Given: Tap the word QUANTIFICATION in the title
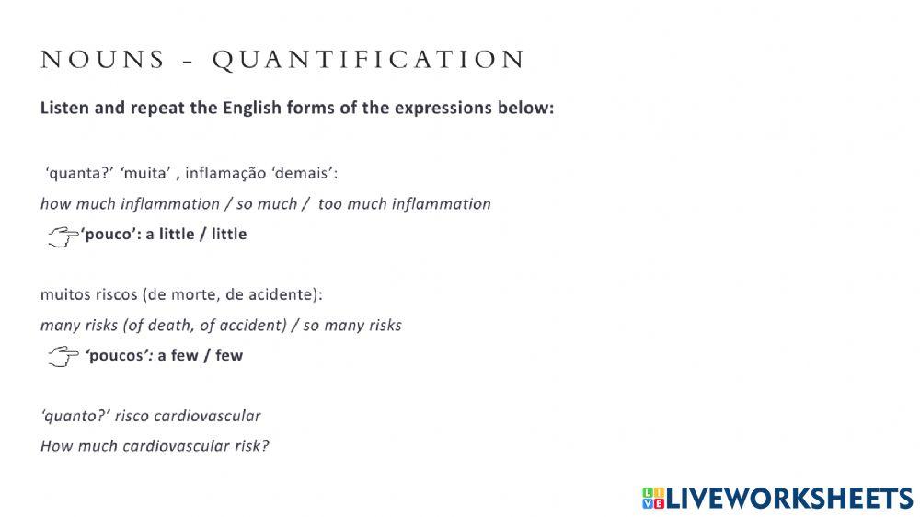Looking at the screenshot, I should coord(369,61).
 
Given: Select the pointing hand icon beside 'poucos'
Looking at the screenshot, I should coord(63,357).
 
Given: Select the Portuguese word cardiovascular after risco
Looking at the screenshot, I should coord(207,416).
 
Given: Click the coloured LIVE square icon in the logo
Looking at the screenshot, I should coord(652,499).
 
